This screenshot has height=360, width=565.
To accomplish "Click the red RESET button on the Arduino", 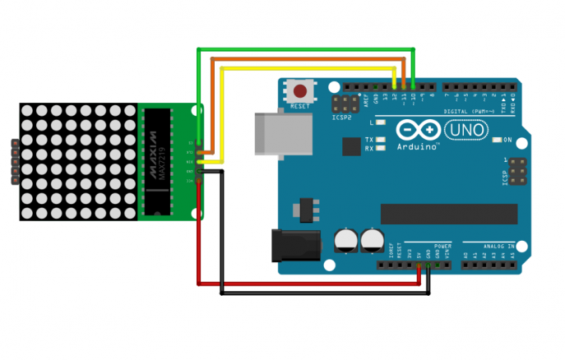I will point(301,91).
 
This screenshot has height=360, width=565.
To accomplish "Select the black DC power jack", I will point(295,244).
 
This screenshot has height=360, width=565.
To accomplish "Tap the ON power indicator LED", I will point(498,140).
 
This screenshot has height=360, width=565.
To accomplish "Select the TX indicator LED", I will point(381,140).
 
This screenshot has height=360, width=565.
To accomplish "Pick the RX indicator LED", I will point(381,149).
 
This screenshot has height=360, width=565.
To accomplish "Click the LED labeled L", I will point(381,122).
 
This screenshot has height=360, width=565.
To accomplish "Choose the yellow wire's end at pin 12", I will point(395,85).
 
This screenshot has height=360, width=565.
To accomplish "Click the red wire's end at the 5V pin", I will point(419,266).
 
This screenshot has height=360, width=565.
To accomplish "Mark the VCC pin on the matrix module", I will point(200,180).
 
